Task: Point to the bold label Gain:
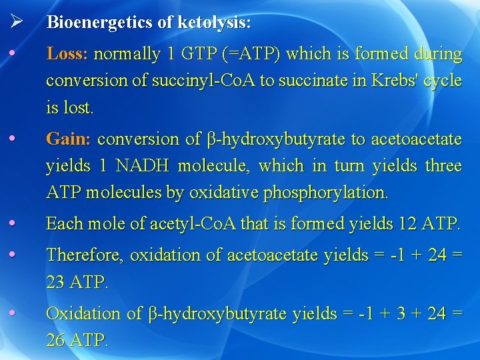tap(68, 139)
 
